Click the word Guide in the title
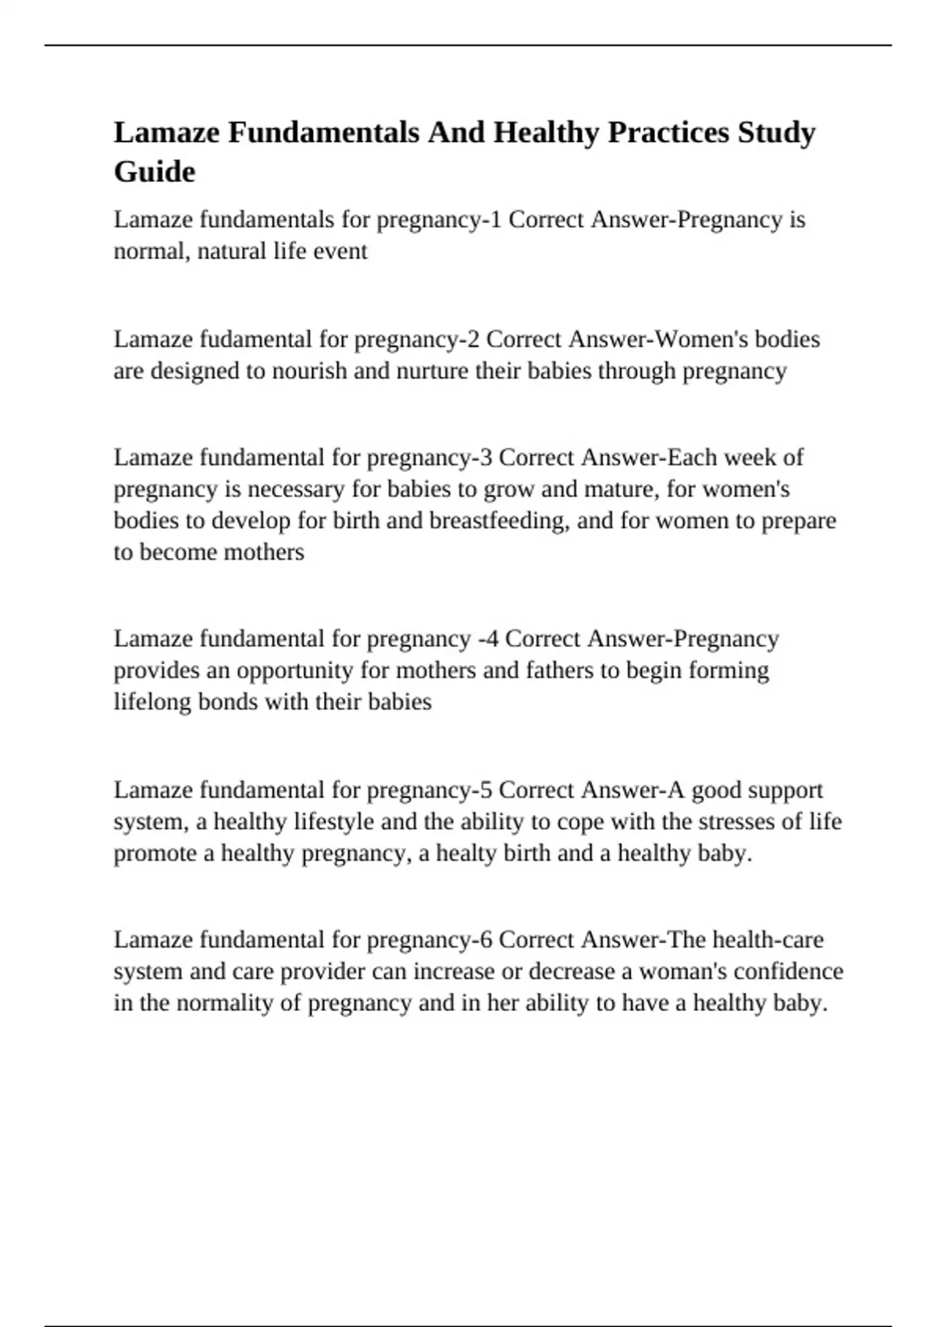pos(155,172)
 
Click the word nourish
pos(308,371)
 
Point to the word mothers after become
pos(264,553)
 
